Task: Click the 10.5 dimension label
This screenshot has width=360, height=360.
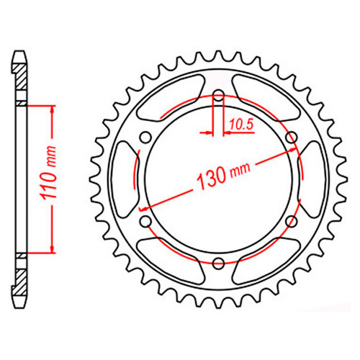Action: tap(241, 125)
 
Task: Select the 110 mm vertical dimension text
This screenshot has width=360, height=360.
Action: tap(49, 173)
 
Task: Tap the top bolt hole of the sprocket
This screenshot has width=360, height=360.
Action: tap(218, 95)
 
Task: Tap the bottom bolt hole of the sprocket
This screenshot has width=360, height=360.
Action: tap(218, 264)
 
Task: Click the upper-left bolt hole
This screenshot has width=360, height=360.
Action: tap(145, 138)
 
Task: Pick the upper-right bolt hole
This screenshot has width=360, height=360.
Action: tap(292, 138)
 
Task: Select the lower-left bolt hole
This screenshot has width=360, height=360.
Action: tap(145, 222)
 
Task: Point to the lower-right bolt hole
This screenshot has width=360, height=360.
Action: tap(292, 222)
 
